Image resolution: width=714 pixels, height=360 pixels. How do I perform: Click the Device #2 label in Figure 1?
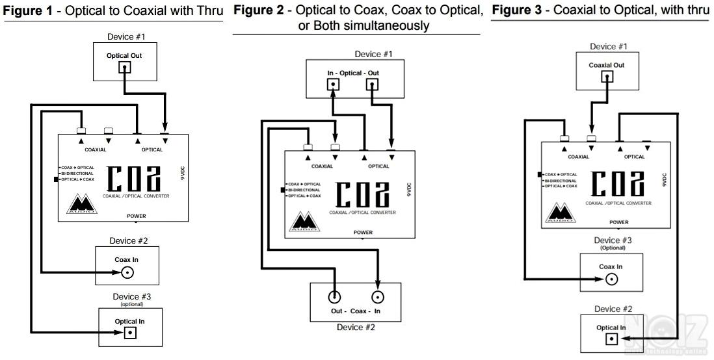point(128,240)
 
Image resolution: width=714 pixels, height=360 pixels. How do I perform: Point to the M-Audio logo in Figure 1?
point(82,204)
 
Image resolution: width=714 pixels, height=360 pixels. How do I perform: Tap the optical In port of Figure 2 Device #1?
point(333,84)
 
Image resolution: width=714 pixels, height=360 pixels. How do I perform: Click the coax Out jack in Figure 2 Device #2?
point(334,298)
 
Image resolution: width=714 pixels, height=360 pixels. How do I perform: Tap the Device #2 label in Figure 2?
point(356,327)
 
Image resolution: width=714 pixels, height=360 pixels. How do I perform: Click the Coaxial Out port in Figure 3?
point(607,76)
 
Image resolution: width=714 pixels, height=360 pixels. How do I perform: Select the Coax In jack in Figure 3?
point(611,280)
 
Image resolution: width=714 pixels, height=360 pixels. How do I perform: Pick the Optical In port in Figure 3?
point(612,340)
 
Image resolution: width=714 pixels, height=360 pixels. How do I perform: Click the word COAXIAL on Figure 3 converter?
point(578,157)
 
